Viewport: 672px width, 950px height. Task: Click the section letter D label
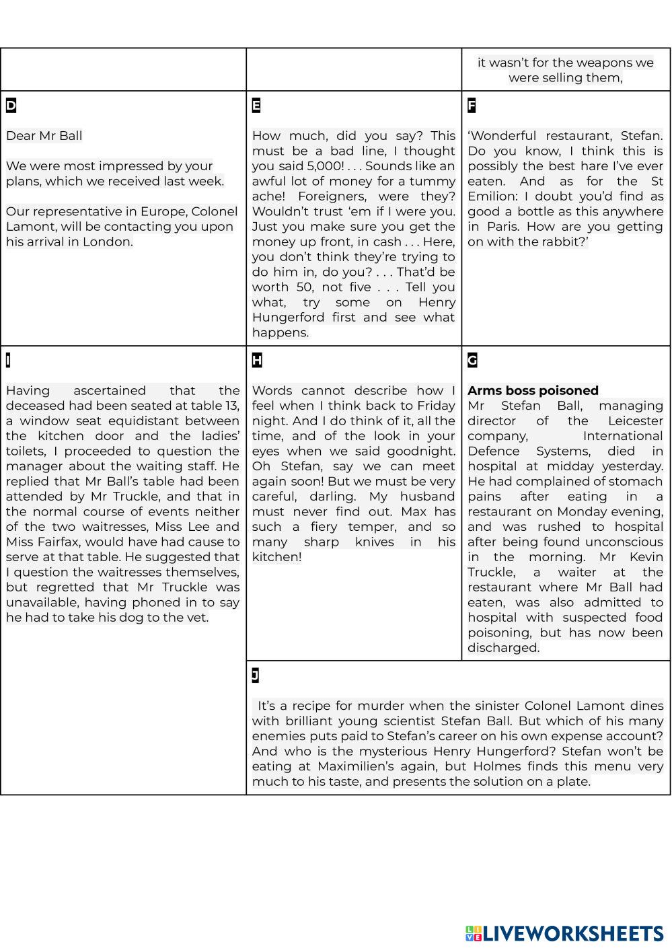click(x=11, y=106)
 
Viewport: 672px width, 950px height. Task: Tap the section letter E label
click(x=256, y=106)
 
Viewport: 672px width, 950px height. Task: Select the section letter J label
click(x=256, y=675)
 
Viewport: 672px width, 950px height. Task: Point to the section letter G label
click(x=472, y=361)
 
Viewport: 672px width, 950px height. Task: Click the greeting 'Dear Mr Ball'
click(x=44, y=136)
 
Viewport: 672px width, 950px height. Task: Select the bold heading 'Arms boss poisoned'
click(x=533, y=391)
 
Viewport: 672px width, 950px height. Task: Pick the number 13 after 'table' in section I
click(x=231, y=406)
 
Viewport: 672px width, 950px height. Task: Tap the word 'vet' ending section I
click(x=198, y=618)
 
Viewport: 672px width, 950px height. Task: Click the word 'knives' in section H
click(x=379, y=542)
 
